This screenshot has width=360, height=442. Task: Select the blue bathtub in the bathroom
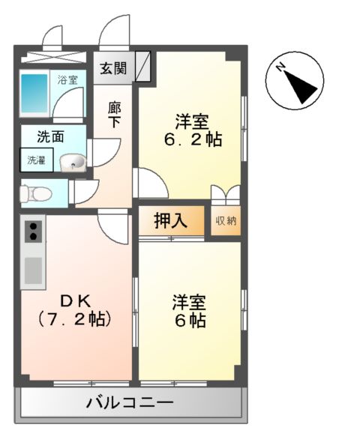pos(34,94)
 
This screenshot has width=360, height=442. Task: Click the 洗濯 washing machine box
pos(36,159)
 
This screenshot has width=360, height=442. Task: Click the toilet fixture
pos(34,193)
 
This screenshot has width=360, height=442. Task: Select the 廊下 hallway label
pos(114,114)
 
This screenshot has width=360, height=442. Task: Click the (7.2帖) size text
pos(74,319)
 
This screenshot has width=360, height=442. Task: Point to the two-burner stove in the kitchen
pos(32,231)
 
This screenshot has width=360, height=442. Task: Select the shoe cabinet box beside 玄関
pos(143,66)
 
